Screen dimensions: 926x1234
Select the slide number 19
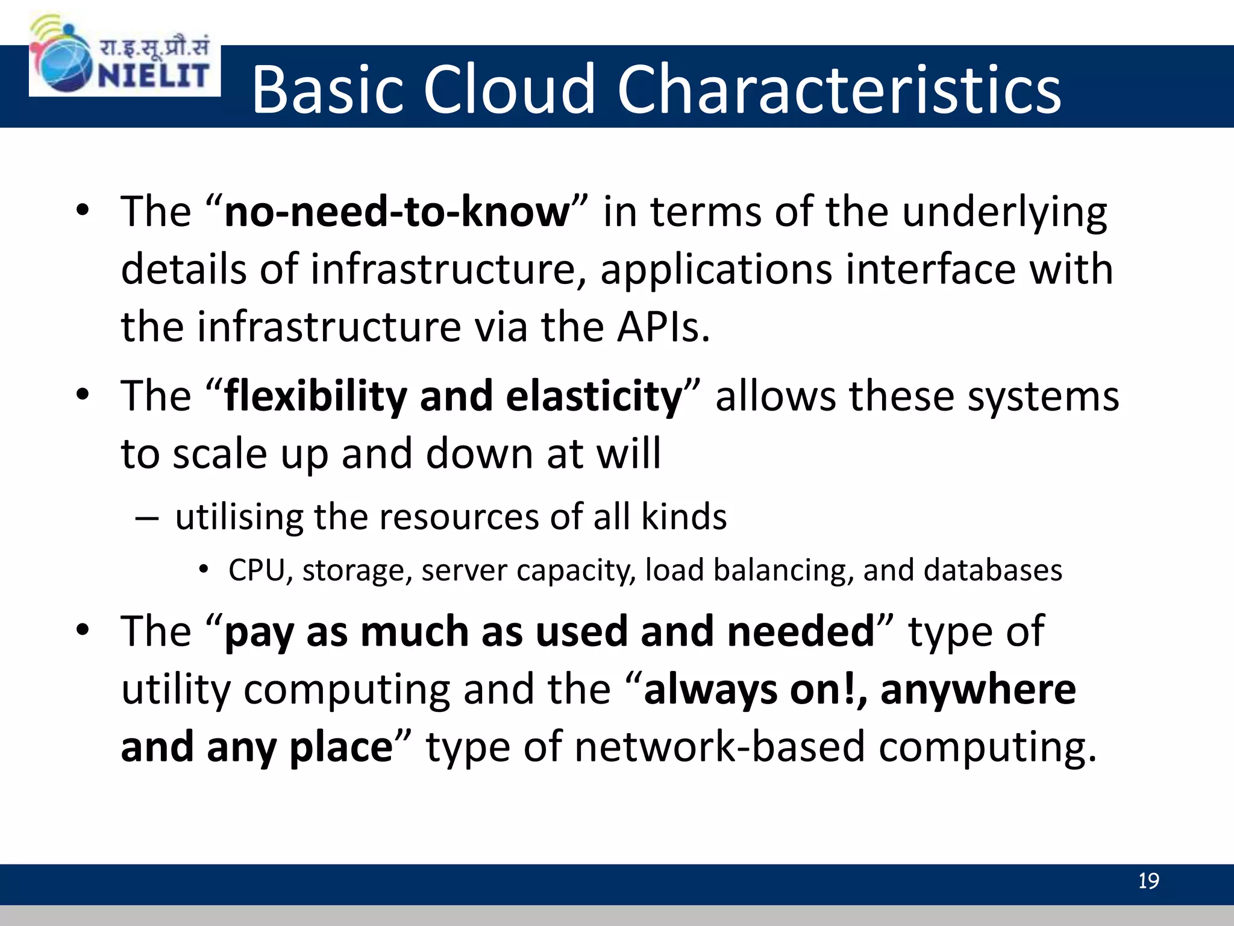(1148, 881)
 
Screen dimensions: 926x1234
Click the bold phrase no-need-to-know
(397, 212)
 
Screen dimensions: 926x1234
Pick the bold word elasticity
(594, 397)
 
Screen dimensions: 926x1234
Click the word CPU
(256, 570)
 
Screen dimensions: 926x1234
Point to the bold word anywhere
(978, 690)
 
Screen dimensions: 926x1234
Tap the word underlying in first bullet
(1004, 212)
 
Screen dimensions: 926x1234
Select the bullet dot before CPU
(204, 569)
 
